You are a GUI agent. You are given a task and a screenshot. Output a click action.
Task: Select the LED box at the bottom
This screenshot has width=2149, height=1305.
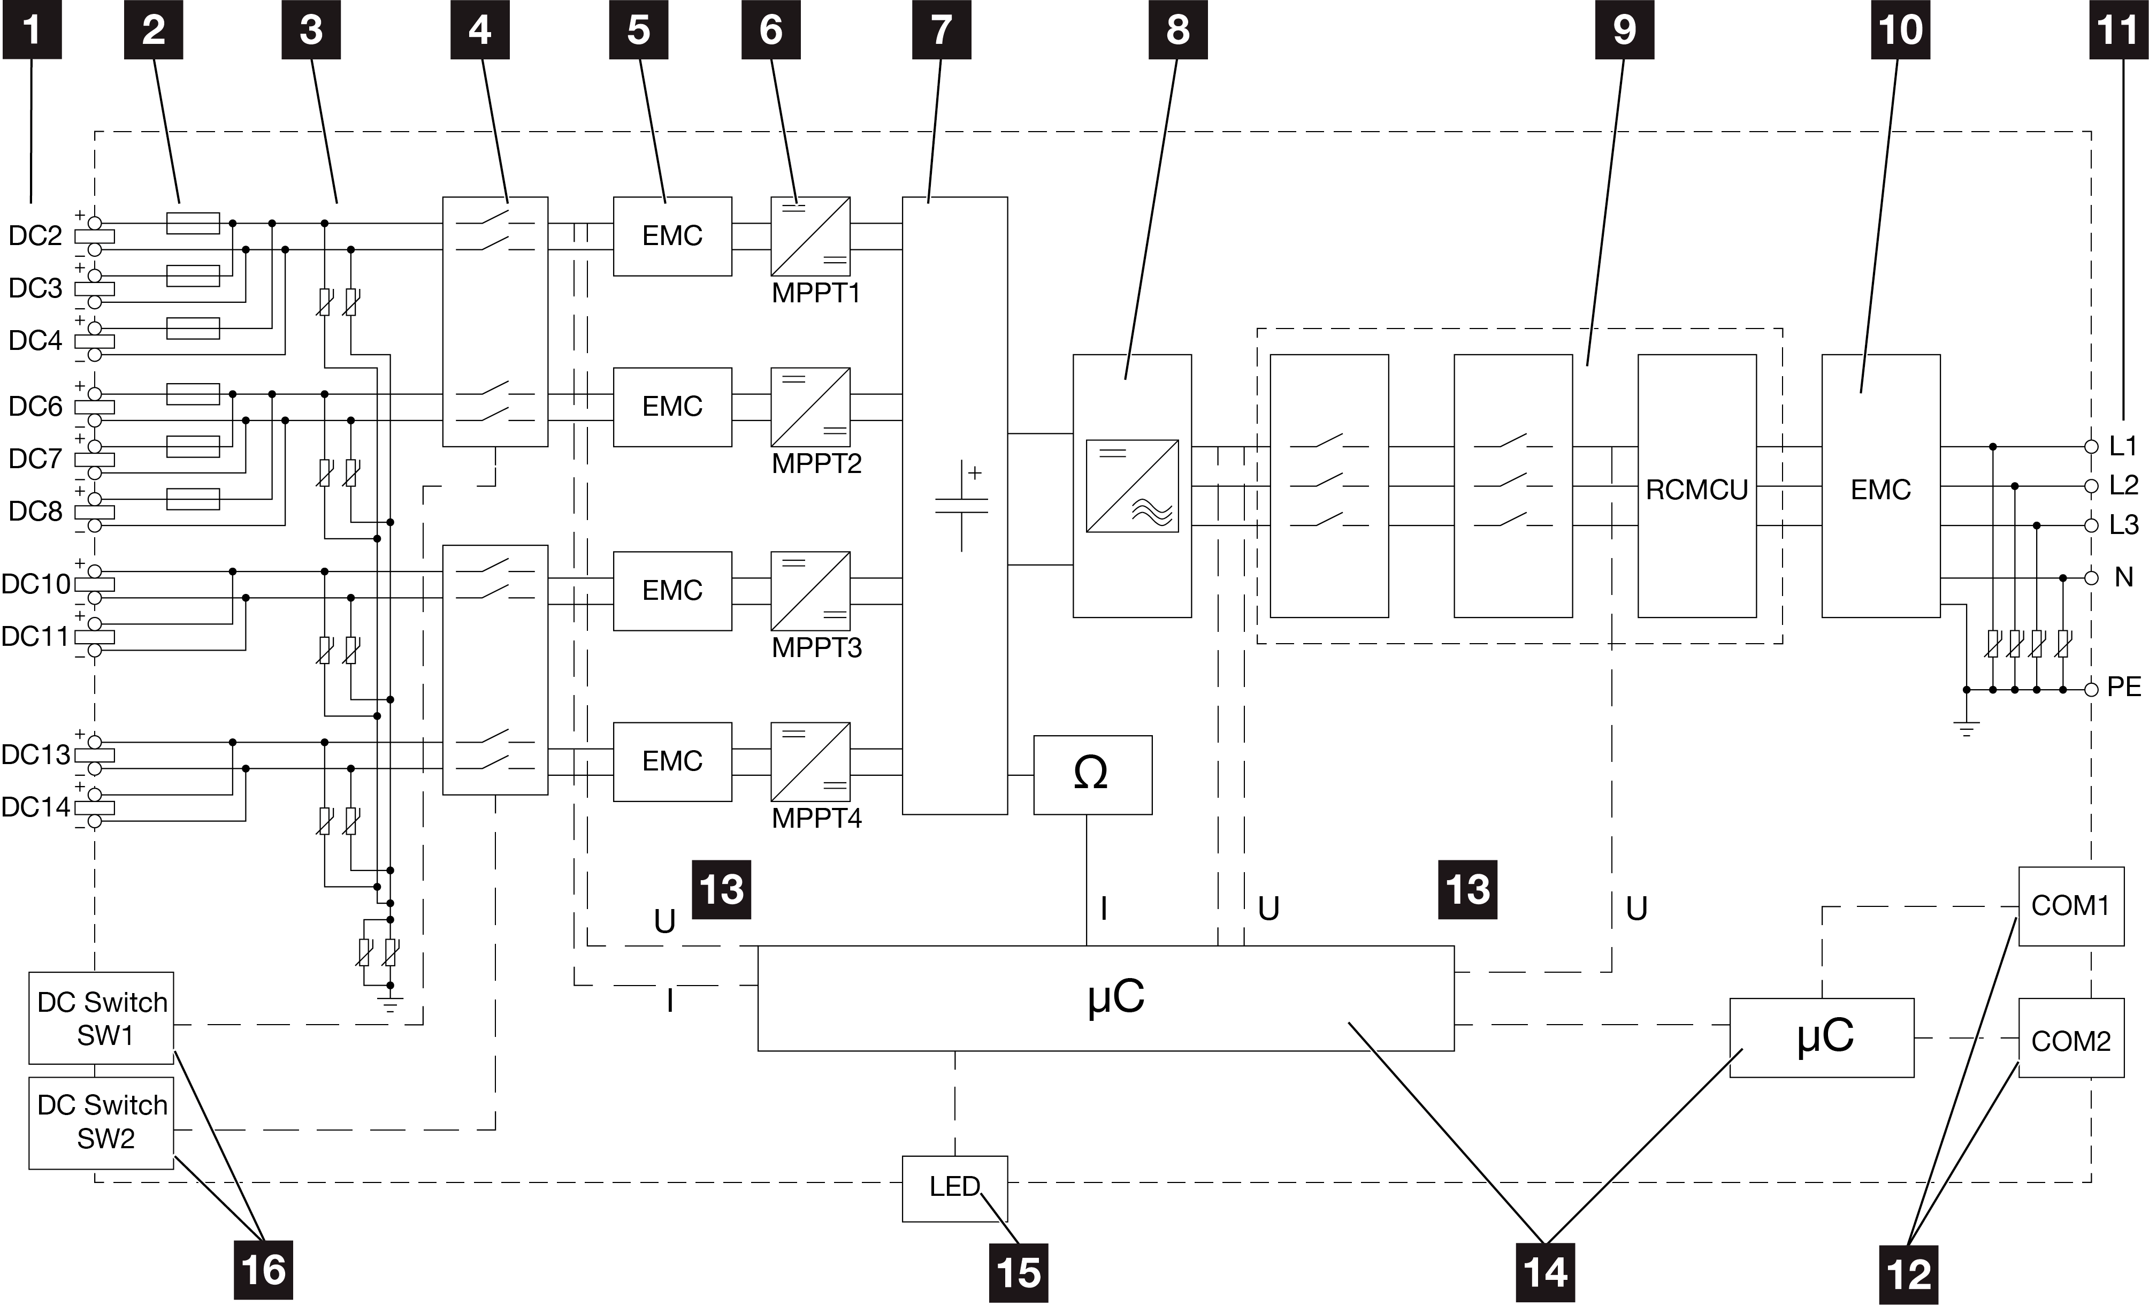tap(954, 1188)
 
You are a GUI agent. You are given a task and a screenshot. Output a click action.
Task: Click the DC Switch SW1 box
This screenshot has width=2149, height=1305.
tap(101, 1018)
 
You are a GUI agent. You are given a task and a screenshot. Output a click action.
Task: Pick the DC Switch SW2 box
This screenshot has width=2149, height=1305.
tap(101, 1123)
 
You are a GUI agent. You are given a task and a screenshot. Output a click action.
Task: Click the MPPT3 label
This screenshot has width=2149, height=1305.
tap(816, 648)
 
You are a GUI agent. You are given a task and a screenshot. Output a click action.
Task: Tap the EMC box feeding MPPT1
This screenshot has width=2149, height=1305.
tap(672, 236)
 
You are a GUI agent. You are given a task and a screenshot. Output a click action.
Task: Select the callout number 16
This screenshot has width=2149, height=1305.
tap(263, 1270)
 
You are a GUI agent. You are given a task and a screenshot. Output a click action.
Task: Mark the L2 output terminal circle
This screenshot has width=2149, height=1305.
tap(2091, 486)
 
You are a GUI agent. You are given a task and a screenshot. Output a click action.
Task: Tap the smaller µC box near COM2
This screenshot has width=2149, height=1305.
tap(1822, 1038)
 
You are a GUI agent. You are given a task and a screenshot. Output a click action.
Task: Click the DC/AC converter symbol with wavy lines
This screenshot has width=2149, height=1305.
tap(1132, 486)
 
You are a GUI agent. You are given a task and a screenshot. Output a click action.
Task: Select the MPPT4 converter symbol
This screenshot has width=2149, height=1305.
tap(810, 761)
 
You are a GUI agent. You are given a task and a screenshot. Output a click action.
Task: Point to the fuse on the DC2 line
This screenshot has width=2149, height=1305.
tap(193, 223)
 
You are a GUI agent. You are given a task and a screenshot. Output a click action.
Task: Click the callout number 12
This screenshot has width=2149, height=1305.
tap(1908, 1275)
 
